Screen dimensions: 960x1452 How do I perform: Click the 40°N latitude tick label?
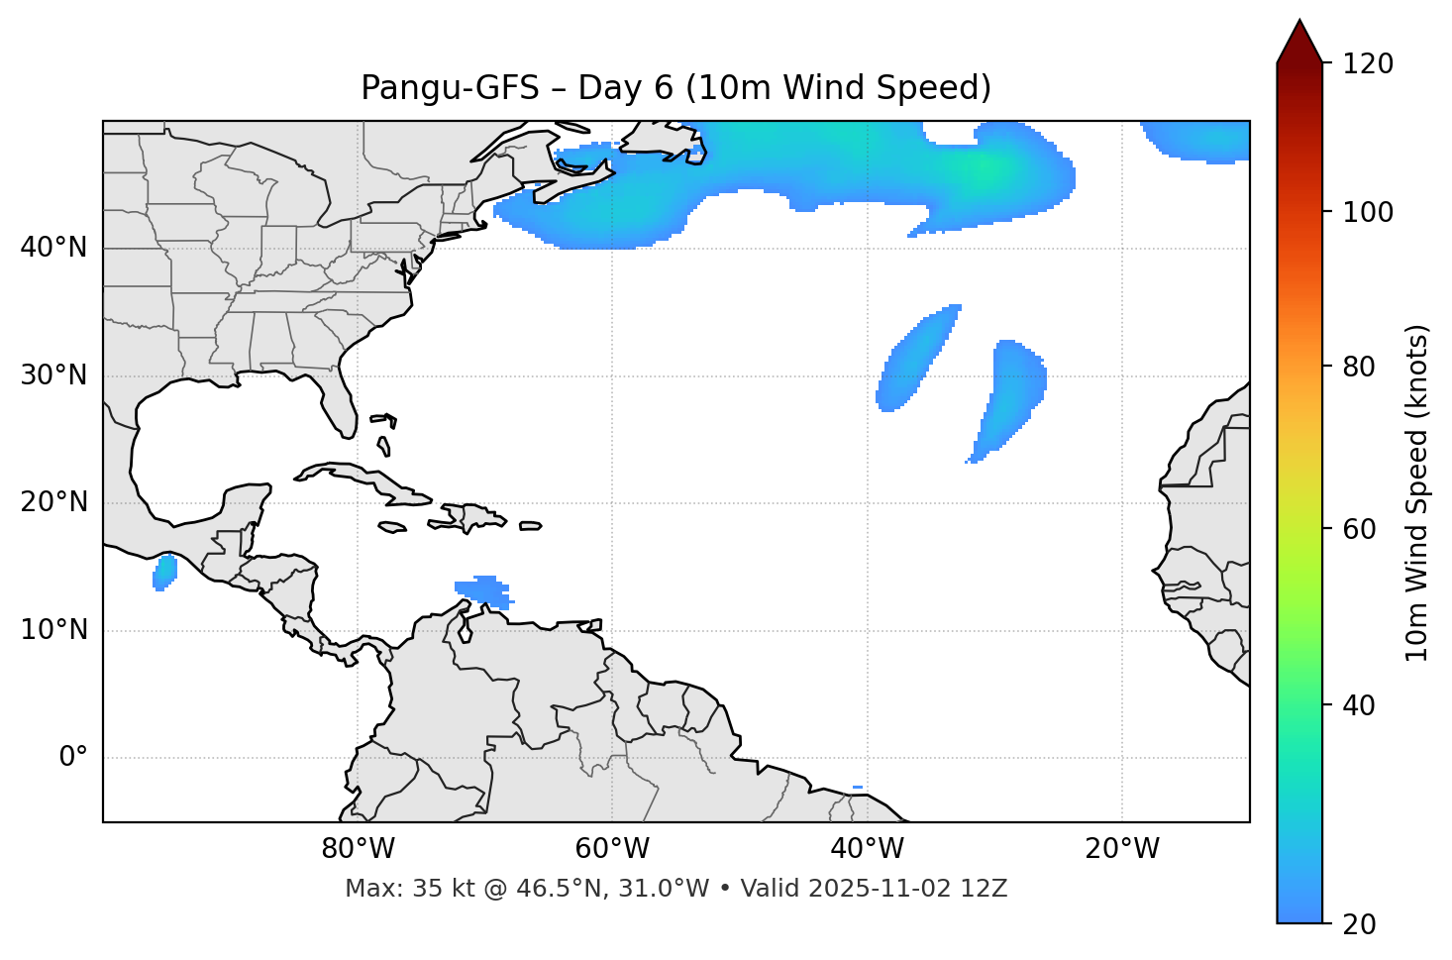coord(53,248)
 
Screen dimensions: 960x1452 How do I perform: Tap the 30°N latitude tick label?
coord(53,375)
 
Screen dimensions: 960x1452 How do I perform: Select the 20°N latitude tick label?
coord(53,502)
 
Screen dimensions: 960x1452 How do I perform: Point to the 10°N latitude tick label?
coord(53,630)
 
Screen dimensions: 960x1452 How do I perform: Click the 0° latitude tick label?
coord(73,758)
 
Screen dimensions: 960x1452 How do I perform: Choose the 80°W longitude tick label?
coord(358,849)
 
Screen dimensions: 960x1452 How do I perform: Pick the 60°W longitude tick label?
coord(612,849)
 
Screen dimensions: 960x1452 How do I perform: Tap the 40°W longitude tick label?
coord(868,849)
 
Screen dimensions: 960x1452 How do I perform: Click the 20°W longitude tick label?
coord(1122,849)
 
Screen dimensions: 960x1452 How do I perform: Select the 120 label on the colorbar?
coord(1369,64)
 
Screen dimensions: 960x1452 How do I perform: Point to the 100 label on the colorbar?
coord(1369,212)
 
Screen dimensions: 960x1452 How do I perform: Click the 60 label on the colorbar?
coord(1361,529)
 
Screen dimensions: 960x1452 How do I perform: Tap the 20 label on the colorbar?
coord(1361,924)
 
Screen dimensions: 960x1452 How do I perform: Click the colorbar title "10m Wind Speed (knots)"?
coord(1417,493)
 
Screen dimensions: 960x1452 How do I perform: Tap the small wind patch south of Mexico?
coord(164,572)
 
